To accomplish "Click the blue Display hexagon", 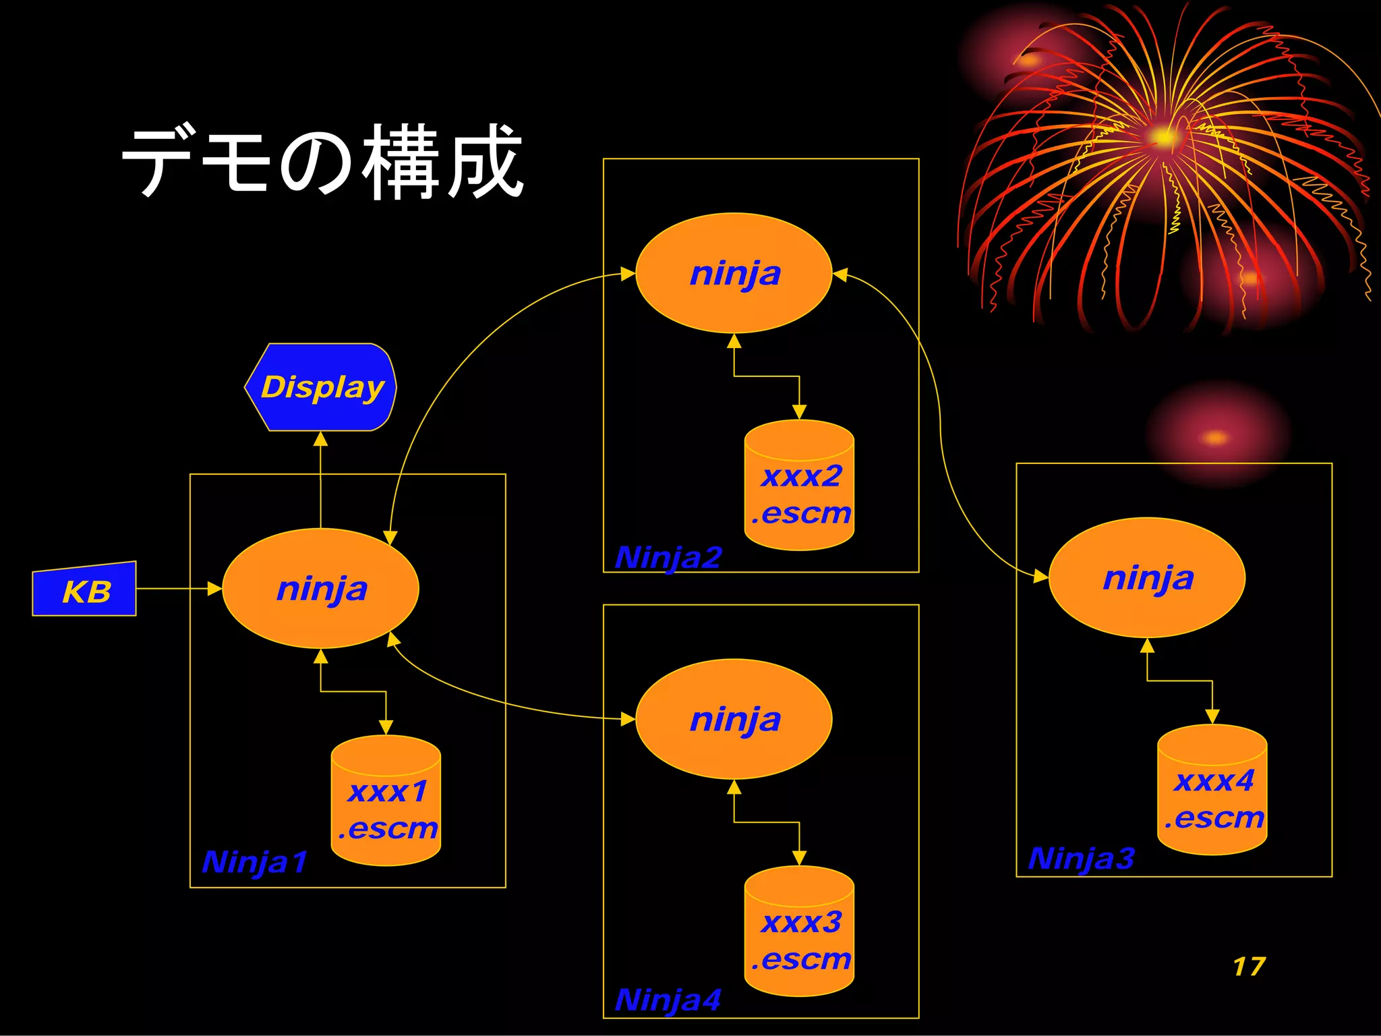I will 321,387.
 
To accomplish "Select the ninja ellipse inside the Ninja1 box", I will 321,588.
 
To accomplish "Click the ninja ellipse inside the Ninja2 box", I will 734,273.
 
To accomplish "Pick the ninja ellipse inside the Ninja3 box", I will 1148,577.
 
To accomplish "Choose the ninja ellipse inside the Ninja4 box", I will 734,719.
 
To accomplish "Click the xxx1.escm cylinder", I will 386,803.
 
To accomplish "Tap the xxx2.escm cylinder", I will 800,487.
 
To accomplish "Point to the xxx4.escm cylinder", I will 1212,792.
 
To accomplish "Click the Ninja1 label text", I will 254,862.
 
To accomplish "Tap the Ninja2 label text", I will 668,558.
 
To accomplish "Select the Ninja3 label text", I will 1081,859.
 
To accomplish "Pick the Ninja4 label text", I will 668,1000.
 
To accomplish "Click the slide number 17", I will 1249,967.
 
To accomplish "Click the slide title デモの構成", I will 322,162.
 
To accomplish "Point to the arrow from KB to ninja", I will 179,589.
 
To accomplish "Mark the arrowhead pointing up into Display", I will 321,440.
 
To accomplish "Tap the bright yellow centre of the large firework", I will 1164,138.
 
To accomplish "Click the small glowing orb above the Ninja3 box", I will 1216,438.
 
